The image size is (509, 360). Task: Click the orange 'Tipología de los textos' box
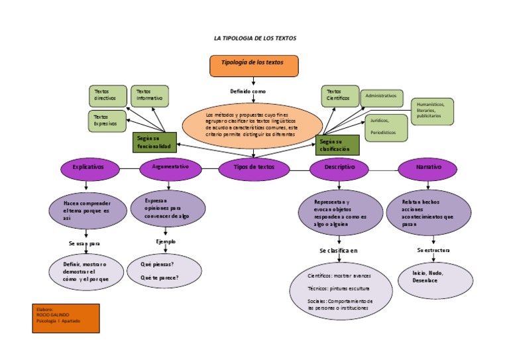(254, 66)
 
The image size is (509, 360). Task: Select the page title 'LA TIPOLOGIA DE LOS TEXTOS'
(254, 38)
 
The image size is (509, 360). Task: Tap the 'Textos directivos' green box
(107, 95)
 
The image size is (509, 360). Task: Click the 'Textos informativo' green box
(150, 95)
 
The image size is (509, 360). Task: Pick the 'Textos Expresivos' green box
(107, 121)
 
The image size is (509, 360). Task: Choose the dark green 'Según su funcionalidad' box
(154, 141)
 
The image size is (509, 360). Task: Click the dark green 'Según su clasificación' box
(337, 145)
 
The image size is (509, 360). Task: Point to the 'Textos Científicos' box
(340, 95)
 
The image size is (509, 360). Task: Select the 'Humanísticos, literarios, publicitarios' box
(431, 111)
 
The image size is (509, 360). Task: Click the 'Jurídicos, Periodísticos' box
(386, 127)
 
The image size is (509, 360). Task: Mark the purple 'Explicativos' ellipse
(88, 168)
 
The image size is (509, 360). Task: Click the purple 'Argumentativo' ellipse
(170, 168)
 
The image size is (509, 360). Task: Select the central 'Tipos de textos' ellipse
(254, 168)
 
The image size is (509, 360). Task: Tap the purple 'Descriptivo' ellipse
(340, 168)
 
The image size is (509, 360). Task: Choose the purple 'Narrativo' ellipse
(429, 168)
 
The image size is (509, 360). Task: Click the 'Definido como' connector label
(248, 91)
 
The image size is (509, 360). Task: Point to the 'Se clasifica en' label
(338, 251)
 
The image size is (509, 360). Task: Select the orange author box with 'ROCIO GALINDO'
(66, 318)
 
